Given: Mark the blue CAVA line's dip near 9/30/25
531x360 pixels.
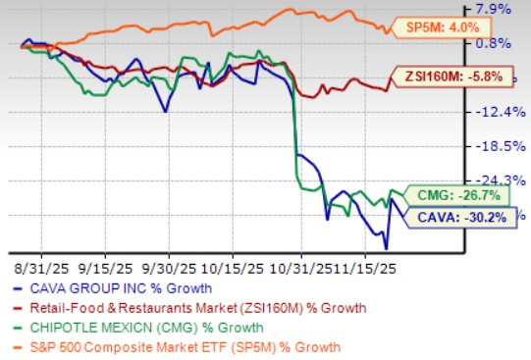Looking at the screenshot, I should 164,112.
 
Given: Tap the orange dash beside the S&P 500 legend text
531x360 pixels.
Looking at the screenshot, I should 23,346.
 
